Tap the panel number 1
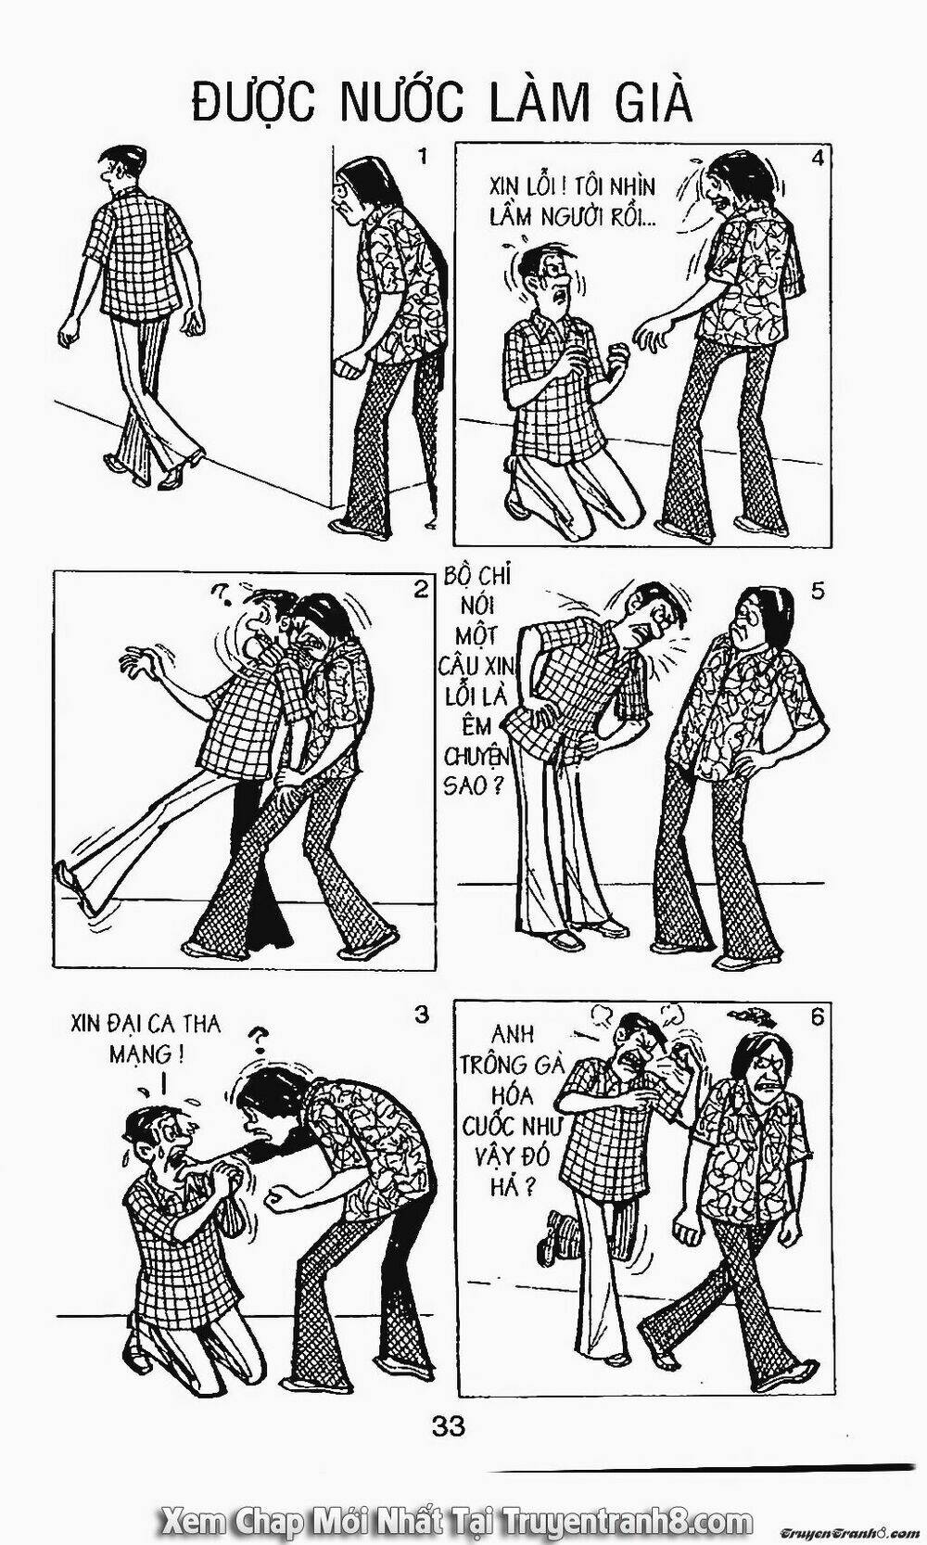[423, 157]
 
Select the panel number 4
[818, 158]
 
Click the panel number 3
[421, 1015]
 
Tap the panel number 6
[817, 1018]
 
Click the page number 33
[448, 1406]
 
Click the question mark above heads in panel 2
[219, 591]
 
